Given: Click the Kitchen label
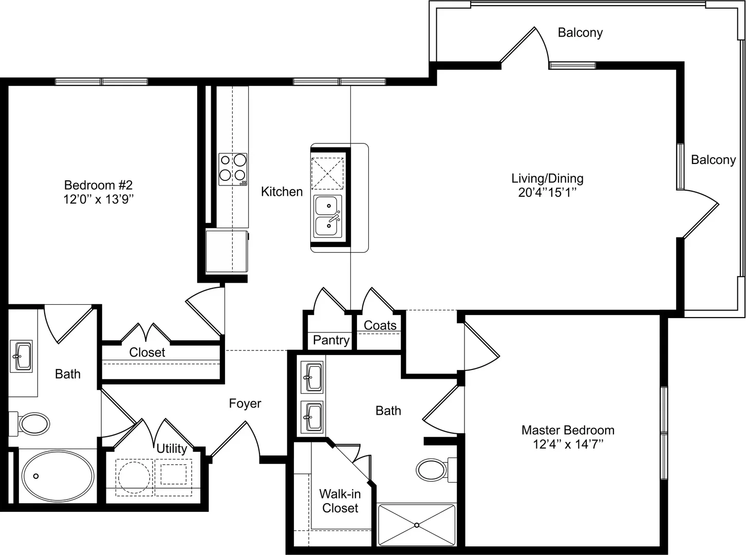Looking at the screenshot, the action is tap(282, 192).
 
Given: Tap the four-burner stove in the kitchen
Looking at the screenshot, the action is tap(233, 169).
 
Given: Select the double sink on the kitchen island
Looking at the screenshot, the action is tap(328, 216).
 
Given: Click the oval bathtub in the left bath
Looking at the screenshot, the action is tap(58, 476).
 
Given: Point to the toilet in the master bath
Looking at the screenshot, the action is tap(436, 470).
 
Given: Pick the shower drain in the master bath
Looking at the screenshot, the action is tap(417, 525).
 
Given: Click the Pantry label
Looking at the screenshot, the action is tap(331, 340).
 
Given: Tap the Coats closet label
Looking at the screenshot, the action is tap(380, 325).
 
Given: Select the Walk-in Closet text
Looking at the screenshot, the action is tap(340, 501).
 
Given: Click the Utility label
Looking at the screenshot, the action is tap(172, 448).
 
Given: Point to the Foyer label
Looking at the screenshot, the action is tap(245, 403).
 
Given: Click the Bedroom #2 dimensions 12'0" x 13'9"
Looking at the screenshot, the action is tap(99, 199).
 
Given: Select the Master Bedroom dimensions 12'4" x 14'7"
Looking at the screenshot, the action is tap(568, 445).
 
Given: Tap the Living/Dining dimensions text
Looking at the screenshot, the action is tap(547, 193).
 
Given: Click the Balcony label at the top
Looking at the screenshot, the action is tap(580, 32).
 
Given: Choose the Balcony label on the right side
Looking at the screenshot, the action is tap(713, 159).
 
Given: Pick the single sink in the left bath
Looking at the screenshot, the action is tap(21, 356).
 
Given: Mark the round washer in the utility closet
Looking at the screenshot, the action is tap(134, 477).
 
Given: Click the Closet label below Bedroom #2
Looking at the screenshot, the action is tap(147, 353).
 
